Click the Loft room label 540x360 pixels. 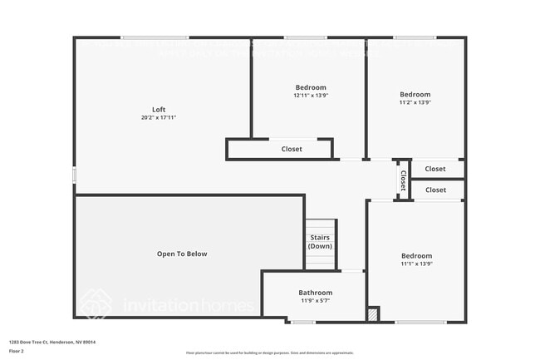(x=158, y=110)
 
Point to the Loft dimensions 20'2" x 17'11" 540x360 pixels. (x=158, y=118)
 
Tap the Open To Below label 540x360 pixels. (x=182, y=254)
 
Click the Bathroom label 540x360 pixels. (x=315, y=293)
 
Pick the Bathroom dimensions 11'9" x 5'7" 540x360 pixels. (x=315, y=301)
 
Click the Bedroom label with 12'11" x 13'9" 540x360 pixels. (x=311, y=87)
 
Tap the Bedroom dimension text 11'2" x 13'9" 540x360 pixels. (x=415, y=103)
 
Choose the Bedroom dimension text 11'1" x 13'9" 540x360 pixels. (x=416, y=264)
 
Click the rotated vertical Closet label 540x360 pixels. (x=403, y=180)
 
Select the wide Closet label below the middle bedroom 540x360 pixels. (x=292, y=149)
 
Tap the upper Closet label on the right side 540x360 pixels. (x=435, y=169)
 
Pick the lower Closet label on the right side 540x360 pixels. (x=435, y=190)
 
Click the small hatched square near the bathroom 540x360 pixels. (x=373, y=314)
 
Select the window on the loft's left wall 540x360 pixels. (x=75, y=175)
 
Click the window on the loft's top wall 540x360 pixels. (x=155, y=37)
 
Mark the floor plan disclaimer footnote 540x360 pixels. (x=270, y=353)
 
